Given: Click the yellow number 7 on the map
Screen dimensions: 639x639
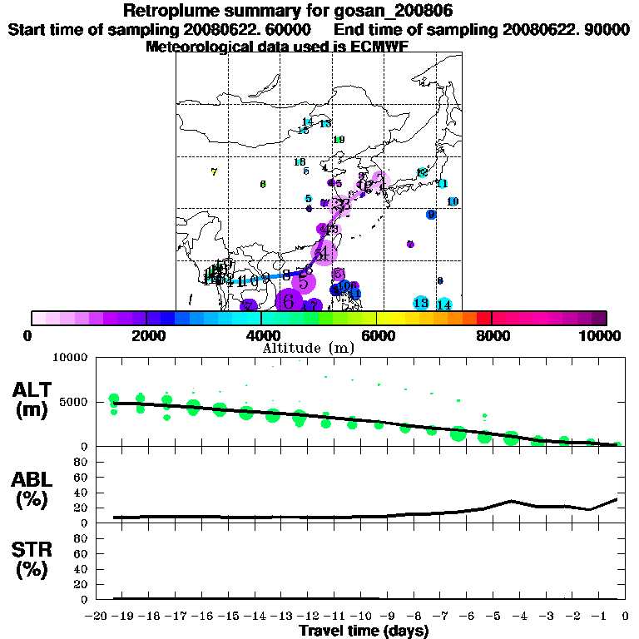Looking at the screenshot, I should click(214, 172).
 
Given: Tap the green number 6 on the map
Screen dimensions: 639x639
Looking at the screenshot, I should click(263, 184).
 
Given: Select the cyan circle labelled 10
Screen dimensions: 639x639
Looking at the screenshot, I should click(453, 201).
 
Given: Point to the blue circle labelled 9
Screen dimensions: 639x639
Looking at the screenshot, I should click(431, 215).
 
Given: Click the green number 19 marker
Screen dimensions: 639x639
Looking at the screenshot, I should click(339, 140).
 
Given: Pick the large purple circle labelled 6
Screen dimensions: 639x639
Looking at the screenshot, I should click(289, 300).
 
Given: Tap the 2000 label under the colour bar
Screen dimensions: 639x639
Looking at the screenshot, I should click(146, 335).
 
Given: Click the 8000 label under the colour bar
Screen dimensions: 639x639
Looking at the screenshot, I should click(492, 335).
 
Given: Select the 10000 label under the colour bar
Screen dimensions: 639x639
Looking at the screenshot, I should click(600, 335).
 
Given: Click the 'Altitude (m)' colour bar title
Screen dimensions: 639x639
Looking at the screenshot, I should click(308, 347).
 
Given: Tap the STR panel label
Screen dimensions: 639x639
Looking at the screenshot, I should click(31, 559).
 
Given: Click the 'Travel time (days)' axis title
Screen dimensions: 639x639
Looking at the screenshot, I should click(364, 631).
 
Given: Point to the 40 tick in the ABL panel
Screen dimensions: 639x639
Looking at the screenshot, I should click(84, 493).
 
